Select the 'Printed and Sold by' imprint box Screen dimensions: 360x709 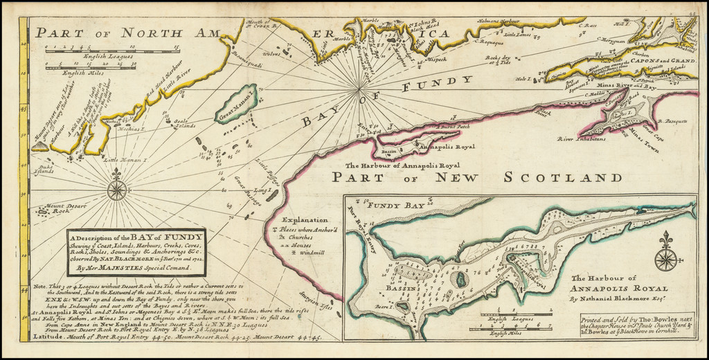point(636,325)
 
